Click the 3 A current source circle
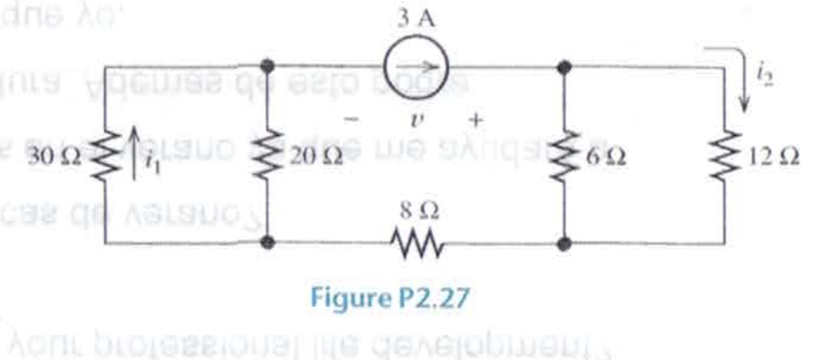click(416, 67)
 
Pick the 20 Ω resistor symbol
click(268, 154)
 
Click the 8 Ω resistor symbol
click(418, 244)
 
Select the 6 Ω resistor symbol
click(565, 154)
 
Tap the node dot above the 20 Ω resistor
click(268, 67)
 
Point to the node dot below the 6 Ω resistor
click(565, 244)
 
